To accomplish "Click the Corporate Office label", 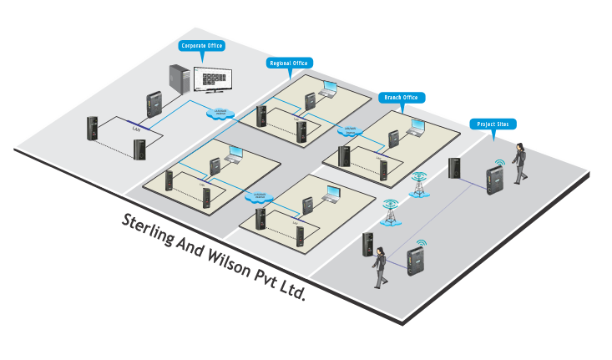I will coord(202,46).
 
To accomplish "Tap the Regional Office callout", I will coord(289,63).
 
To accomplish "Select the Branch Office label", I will coord(401,98).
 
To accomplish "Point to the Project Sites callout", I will coord(493,124).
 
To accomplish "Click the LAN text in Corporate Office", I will coord(135,130).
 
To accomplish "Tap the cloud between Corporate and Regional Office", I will coord(221,113).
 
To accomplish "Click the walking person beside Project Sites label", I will coord(520,163).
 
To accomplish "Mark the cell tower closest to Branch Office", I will coord(417,186).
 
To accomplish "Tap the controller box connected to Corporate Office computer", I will coord(154,104).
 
